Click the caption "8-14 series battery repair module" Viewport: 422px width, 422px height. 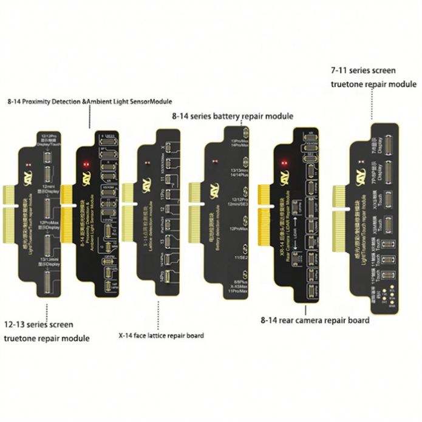coord(233,115)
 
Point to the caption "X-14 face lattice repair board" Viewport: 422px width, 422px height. coord(161,335)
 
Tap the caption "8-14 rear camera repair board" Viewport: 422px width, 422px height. coord(315,320)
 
